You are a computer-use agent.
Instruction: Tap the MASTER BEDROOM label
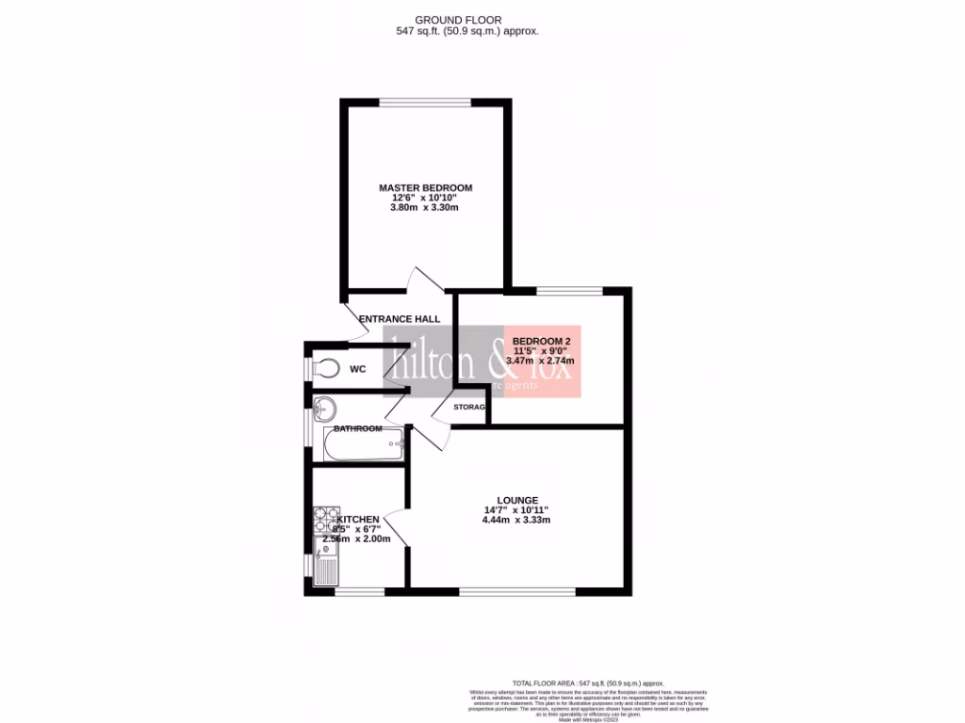pyautogui.click(x=425, y=187)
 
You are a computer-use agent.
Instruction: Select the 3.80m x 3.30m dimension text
pyautogui.click(x=425, y=208)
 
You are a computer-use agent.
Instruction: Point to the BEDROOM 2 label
pyautogui.click(x=541, y=340)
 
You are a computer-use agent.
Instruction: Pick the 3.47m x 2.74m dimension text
pyautogui.click(x=541, y=360)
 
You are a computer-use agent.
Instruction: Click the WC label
pyautogui.click(x=357, y=369)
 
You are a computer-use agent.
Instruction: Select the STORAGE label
pyautogui.click(x=469, y=407)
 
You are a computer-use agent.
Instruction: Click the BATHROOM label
pyautogui.click(x=358, y=429)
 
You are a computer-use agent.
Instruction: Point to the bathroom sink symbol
pyautogui.click(x=324, y=409)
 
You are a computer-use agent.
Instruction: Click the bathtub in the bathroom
pyautogui.click(x=363, y=445)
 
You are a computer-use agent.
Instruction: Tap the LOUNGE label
pyautogui.click(x=517, y=500)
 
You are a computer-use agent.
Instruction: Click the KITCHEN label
pyautogui.click(x=358, y=520)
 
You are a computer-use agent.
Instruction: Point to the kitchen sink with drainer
pyautogui.click(x=326, y=567)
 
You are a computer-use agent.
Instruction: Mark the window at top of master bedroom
pyautogui.click(x=425, y=101)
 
